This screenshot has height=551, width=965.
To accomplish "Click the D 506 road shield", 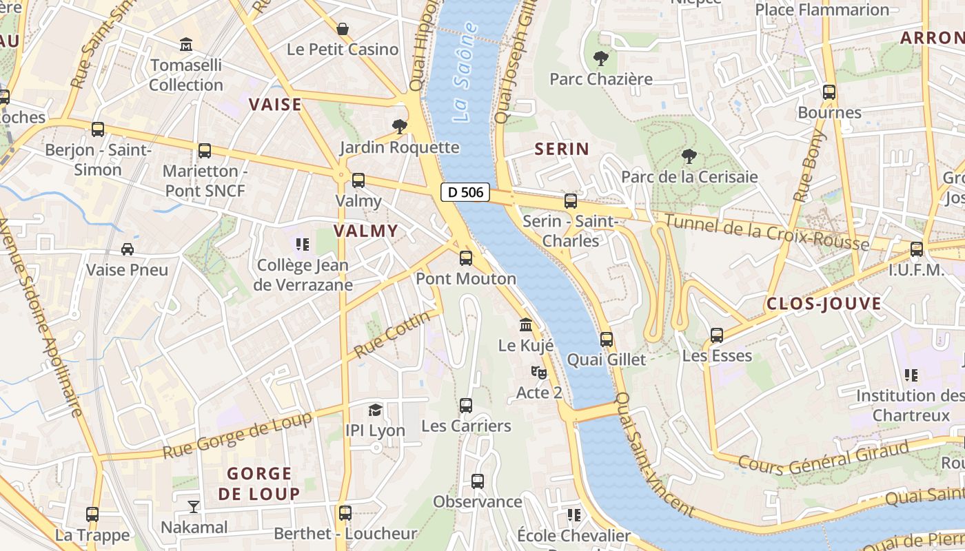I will tap(465, 192).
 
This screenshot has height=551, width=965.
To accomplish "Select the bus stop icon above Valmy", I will tap(358, 180).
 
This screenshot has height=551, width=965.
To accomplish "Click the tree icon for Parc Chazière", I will tap(600, 59).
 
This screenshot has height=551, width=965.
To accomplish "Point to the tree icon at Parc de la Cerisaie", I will tap(688, 156).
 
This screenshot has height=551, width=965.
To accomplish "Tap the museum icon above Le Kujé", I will tap(526, 324).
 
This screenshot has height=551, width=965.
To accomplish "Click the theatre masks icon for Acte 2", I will tap(539, 373).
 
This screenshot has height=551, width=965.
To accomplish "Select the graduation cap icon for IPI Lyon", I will tap(375, 410).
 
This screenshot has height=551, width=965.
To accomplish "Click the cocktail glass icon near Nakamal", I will tap(193, 507).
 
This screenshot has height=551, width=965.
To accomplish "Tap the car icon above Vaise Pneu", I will tap(127, 249).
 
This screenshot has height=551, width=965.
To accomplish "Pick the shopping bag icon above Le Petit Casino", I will tap(343, 28).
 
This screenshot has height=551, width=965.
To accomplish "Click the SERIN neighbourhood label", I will tap(562, 149).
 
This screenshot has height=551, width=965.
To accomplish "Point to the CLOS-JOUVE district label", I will tap(824, 304).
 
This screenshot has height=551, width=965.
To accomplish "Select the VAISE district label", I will tap(275, 105).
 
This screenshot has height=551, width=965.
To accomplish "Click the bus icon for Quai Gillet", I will tap(606, 339).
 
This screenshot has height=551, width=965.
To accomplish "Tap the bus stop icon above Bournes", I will tap(829, 92).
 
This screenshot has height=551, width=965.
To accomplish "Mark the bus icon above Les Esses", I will tap(717, 335).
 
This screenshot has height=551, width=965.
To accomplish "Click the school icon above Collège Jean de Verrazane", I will tap(302, 245).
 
